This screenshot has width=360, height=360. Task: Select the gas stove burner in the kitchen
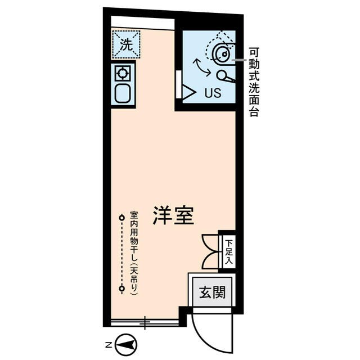[123, 73]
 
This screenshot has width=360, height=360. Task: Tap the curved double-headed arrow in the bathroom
[202, 67]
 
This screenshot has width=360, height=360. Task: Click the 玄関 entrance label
[211, 292]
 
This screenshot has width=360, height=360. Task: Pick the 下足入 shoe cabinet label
[229, 250]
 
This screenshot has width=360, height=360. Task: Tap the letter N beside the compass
[107, 343]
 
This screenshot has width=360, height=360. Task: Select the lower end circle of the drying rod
[121, 289]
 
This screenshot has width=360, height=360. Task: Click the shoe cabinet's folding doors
[210, 250]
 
